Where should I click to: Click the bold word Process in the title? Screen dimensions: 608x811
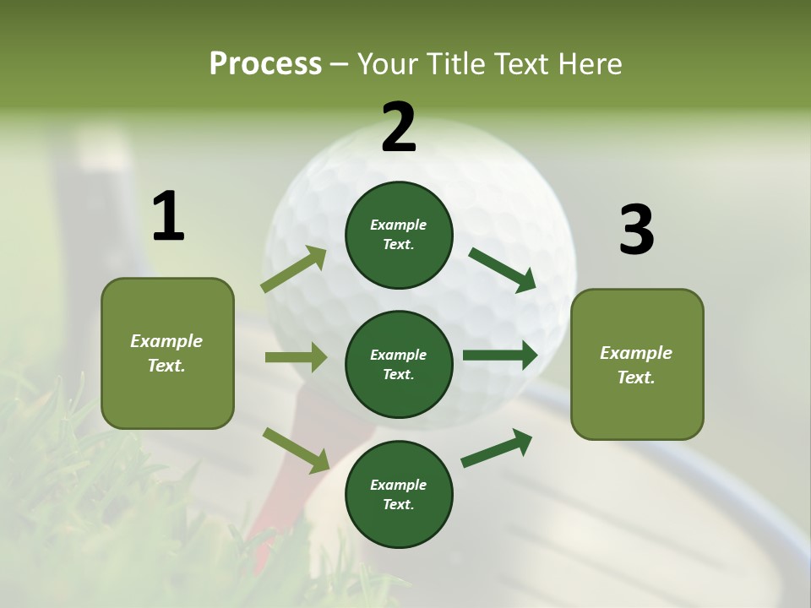click(265, 64)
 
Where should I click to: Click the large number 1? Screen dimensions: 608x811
click(168, 217)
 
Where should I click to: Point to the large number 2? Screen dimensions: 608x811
click(399, 128)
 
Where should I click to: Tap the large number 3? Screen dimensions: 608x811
click(636, 231)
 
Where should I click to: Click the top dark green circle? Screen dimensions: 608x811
click(399, 235)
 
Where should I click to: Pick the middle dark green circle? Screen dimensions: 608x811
click(399, 364)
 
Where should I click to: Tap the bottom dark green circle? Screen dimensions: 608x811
click(399, 494)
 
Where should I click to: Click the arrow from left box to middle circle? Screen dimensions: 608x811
click(296, 357)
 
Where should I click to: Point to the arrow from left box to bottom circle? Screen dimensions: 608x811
click(296, 450)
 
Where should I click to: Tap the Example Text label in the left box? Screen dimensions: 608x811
click(166, 353)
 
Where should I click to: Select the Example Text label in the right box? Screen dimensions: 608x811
click(636, 365)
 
